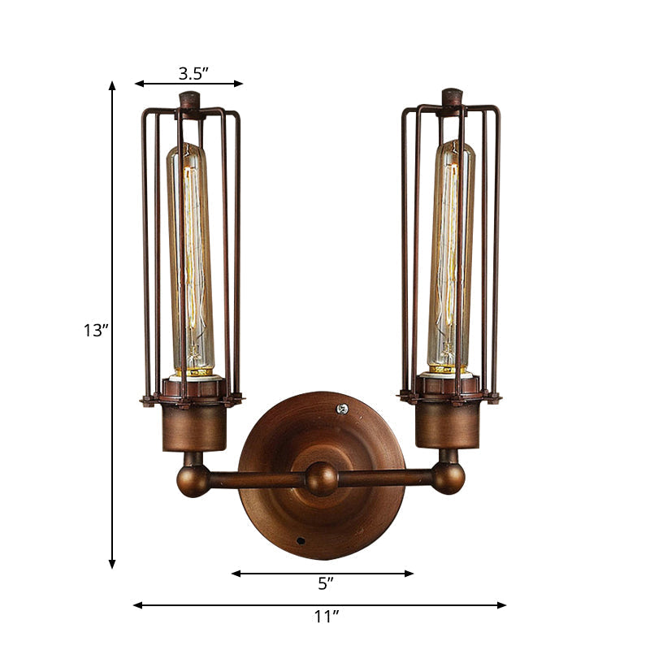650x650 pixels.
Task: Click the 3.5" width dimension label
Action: pos(193,73)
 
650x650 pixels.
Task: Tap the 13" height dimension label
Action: pos(95,331)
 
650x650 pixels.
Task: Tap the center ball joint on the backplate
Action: pos(321,479)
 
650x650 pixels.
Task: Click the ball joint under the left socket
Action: pos(193,480)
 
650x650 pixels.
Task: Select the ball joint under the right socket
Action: pos(448,478)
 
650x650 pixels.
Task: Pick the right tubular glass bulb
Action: pos(452,252)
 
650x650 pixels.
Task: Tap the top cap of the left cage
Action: pos(190,101)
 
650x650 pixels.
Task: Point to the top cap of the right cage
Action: pos(453,97)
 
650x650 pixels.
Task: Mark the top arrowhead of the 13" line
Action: pos(112,84)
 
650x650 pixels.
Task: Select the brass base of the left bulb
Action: pos(194,370)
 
